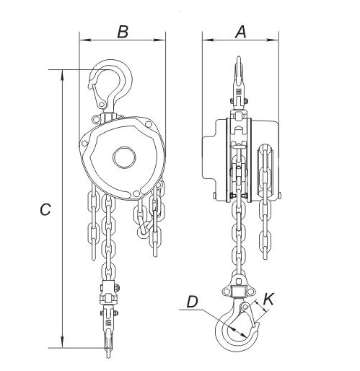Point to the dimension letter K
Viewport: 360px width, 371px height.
coord(268,297)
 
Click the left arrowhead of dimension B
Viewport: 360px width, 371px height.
coord(82,41)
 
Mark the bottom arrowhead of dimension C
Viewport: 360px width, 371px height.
coord(64,344)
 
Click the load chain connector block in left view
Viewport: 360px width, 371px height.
coord(108,297)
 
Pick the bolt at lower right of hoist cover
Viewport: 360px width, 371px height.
coord(137,193)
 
